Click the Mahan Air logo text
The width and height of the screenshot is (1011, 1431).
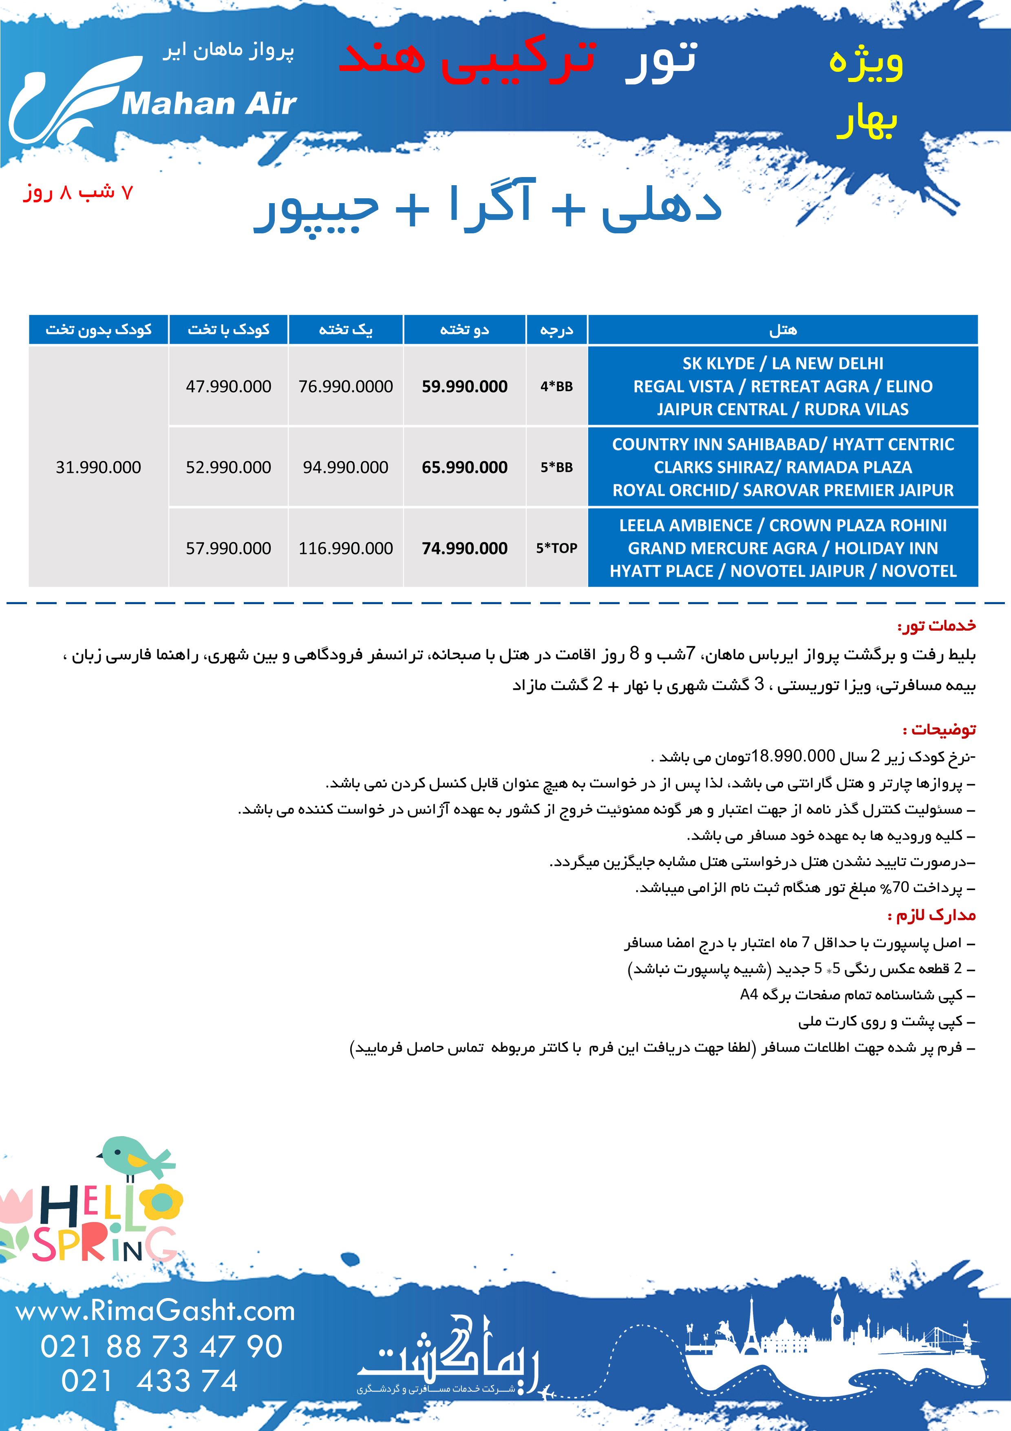click(209, 104)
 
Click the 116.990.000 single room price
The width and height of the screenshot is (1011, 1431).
click(345, 549)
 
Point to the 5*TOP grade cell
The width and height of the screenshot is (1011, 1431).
click(556, 549)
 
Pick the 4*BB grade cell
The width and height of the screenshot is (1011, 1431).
click(556, 386)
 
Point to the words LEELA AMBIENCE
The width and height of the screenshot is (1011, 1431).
click(685, 525)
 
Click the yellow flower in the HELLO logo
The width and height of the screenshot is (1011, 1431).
click(161, 1202)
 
